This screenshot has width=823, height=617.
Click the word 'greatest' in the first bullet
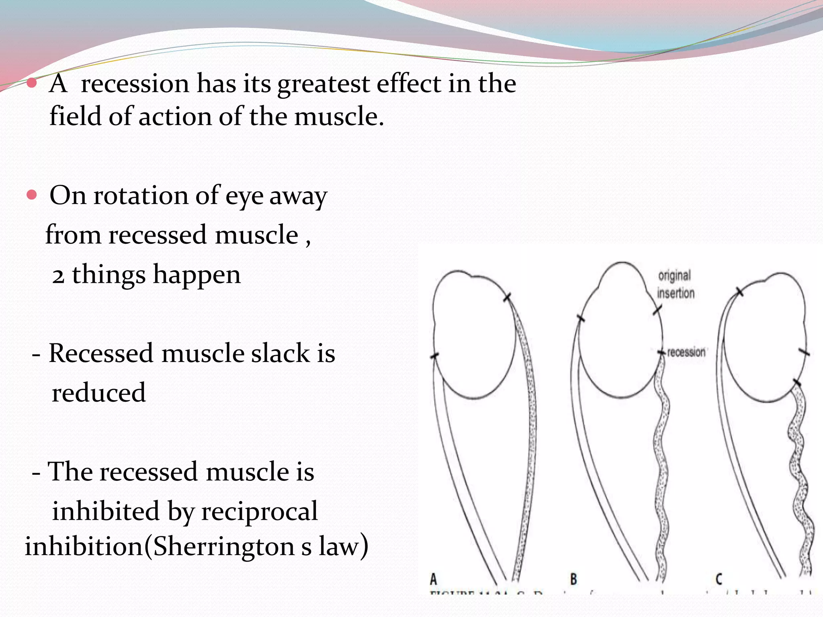click(x=323, y=84)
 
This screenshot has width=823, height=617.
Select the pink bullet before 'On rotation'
click(x=31, y=195)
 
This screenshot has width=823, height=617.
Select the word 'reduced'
click(x=98, y=393)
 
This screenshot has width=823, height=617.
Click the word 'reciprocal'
click(x=260, y=511)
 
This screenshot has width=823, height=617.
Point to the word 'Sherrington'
click(x=224, y=547)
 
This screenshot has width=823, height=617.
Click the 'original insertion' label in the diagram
click(x=675, y=284)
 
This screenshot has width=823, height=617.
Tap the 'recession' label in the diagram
click(x=686, y=352)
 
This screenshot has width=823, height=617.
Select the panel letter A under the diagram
click(x=433, y=579)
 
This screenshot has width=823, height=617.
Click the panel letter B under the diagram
click(x=573, y=579)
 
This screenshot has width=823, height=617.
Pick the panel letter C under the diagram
click(x=719, y=579)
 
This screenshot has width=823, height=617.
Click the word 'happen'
click(x=197, y=276)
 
